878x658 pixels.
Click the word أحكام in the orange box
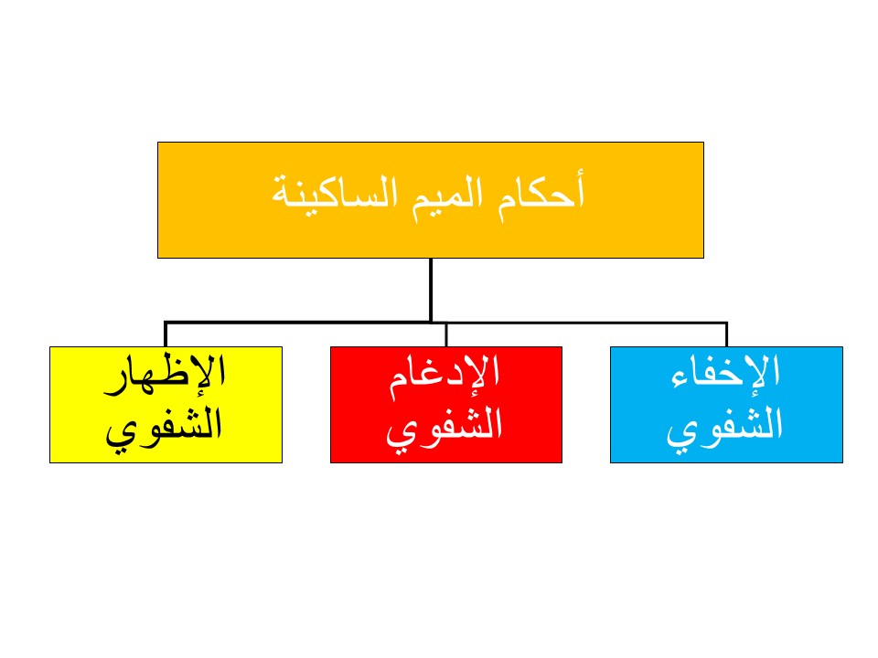click(541, 194)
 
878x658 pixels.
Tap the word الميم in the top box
click(448, 196)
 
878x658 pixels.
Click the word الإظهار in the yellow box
click(165, 375)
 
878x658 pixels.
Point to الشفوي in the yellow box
click(164, 428)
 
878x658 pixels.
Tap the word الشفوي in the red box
click(444, 428)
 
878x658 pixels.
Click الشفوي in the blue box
click(724, 428)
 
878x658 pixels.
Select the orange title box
click(431, 200)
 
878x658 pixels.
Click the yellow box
click(166, 405)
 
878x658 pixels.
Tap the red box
click(446, 405)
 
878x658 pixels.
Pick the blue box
click(726, 405)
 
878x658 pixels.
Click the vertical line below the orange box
click(431, 290)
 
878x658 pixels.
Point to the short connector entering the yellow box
click(166, 334)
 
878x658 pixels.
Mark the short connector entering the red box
click(446, 334)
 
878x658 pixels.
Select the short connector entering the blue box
click(726, 334)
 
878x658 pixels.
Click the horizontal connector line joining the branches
click(445, 323)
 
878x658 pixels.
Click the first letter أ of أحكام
click(579, 186)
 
